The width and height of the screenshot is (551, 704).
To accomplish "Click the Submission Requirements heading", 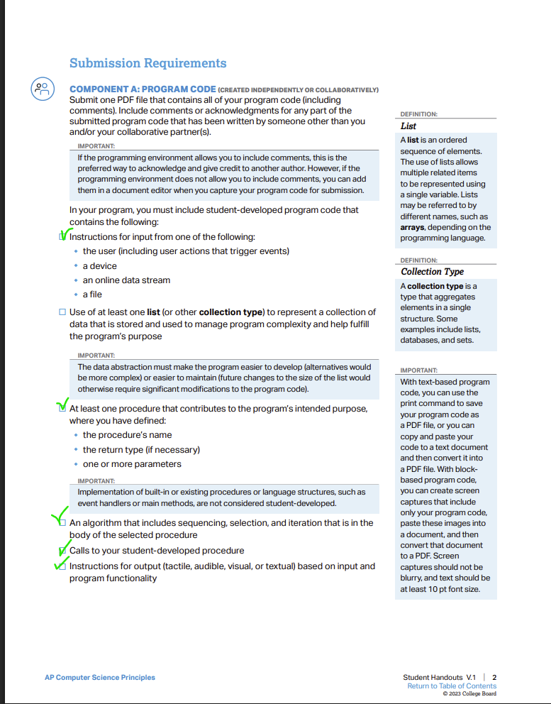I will [148, 63].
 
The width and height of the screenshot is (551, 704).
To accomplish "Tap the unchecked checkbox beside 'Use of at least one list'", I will [62, 312].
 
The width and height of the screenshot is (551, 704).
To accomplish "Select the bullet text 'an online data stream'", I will [126, 280].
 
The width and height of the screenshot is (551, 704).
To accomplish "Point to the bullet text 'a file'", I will [92, 295].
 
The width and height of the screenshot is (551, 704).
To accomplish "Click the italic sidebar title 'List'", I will [408, 126].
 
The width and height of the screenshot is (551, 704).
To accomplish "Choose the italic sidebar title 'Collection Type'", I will [432, 272].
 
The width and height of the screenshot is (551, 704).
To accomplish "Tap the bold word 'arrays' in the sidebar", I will [415, 227].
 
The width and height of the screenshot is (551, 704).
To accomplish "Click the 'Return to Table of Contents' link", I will [452, 686].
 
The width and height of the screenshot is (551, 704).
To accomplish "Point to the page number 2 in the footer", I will [494, 677].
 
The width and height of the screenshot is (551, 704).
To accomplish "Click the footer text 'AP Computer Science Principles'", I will [99, 678].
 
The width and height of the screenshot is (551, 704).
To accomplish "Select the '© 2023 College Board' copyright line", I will [469, 694].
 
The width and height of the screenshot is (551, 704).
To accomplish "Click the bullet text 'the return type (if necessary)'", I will [141, 449].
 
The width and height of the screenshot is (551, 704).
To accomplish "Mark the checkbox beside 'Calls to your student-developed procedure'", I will [62, 551].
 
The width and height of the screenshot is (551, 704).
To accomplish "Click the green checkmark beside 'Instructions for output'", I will [60, 564].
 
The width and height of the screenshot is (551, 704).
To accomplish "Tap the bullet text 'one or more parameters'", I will [132, 464].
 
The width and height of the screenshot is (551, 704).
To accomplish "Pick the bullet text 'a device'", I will [99, 265].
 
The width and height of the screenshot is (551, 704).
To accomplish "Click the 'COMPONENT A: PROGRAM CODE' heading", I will [142, 89].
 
